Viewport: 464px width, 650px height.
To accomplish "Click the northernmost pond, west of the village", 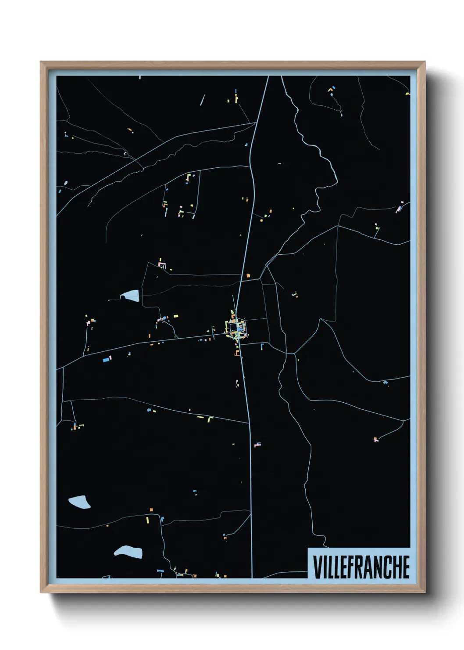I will point(131,296).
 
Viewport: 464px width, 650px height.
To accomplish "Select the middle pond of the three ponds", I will point(79,502).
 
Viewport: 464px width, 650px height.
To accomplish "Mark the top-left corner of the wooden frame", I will point(41,62).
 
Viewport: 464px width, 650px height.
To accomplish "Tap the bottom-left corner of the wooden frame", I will point(41,592).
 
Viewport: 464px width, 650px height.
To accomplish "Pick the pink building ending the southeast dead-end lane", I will point(376,439).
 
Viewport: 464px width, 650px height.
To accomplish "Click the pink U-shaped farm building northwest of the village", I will point(162,265).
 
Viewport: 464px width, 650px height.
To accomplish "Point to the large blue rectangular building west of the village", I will point(106,360).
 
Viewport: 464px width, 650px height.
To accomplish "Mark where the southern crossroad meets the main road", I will point(250,423).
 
